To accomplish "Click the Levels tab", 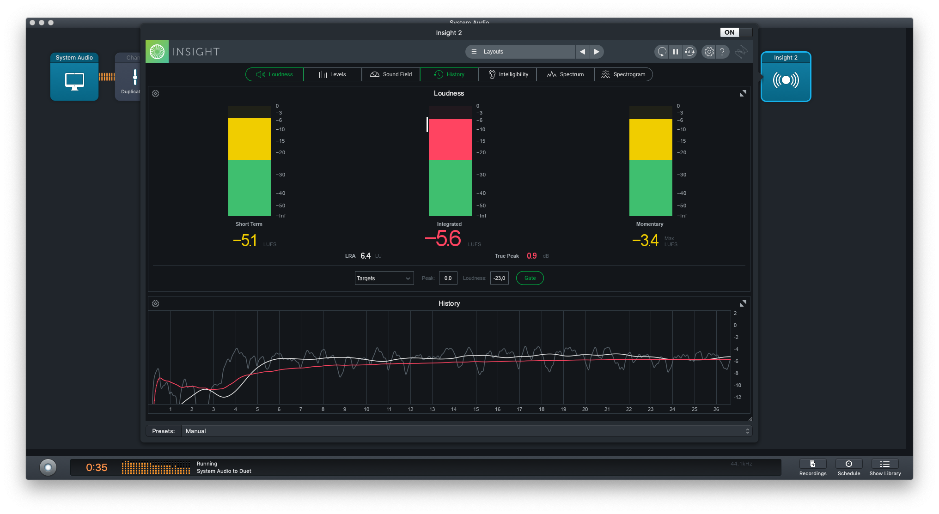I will tap(332, 74).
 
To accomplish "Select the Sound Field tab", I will tap(391, 74).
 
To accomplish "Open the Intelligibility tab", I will tap(507, 74).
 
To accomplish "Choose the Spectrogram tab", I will tap(623, 74).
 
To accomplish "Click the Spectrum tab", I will tap(565, 74).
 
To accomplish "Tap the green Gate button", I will tap(530, 278).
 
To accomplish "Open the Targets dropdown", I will tap(384, 278).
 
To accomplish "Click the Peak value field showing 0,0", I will tap(448, 278).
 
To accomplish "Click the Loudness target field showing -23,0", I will tap(499, 278).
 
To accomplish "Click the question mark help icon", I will tap(722, 52).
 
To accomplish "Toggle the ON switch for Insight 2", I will tap(736, 32).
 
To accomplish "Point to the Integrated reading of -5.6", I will tap(443, 239).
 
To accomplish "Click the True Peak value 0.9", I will tap(532, 256).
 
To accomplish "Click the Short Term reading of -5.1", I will tap(245, 241).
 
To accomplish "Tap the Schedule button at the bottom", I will tap(849, 467).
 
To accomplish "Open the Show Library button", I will tap(885, 467).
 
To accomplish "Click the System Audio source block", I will tap(74, 77).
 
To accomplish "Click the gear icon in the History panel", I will tap(156, 304).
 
